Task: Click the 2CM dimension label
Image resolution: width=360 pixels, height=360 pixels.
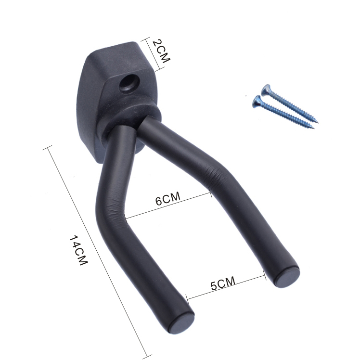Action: (161, 51)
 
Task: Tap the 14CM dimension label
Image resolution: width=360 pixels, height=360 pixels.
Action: (78, 250)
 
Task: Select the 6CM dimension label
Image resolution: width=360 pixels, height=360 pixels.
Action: (168, 199)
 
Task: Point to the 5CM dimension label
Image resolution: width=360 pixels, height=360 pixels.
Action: (223, 283)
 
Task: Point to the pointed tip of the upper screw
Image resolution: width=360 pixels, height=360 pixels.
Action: (319, 121)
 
